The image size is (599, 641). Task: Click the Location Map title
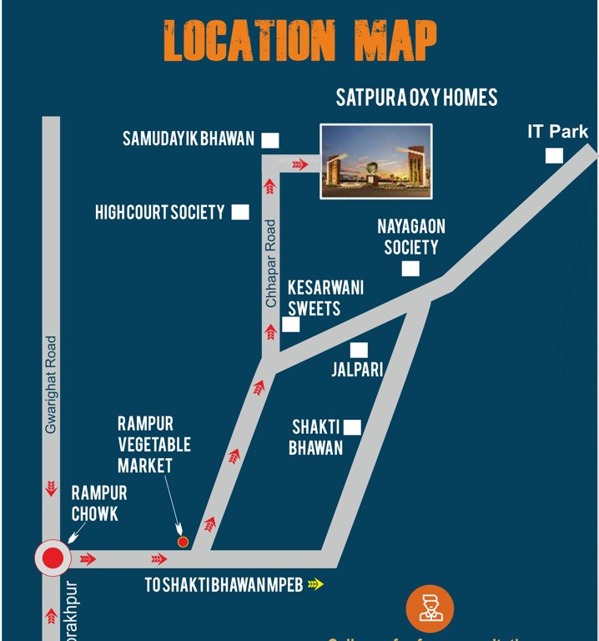point(299,39)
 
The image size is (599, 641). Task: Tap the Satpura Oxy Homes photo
point(376,161)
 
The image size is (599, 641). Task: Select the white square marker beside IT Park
point(554,156)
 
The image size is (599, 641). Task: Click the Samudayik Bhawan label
point(189,139)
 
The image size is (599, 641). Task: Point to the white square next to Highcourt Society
point(240,212)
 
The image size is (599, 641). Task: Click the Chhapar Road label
point(270,264)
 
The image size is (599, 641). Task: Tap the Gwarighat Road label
point(52,385)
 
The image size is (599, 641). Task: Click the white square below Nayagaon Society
point(410,268)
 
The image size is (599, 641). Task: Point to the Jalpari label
point(357,369)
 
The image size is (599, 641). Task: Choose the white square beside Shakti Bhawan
point(353,427)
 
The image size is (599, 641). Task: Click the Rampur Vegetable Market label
point(154,445)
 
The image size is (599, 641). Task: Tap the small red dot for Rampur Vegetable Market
point(184,542)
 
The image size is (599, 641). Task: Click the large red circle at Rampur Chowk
point(53,558)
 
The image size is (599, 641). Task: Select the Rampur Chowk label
point(98,504)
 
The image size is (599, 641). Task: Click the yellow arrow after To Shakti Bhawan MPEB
point(315,584)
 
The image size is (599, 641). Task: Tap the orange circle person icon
point(430,608)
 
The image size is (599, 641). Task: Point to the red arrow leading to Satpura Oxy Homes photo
point(299,164)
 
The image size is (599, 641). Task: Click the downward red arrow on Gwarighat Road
point(52,487)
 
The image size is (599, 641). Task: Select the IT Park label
point(557,132)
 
